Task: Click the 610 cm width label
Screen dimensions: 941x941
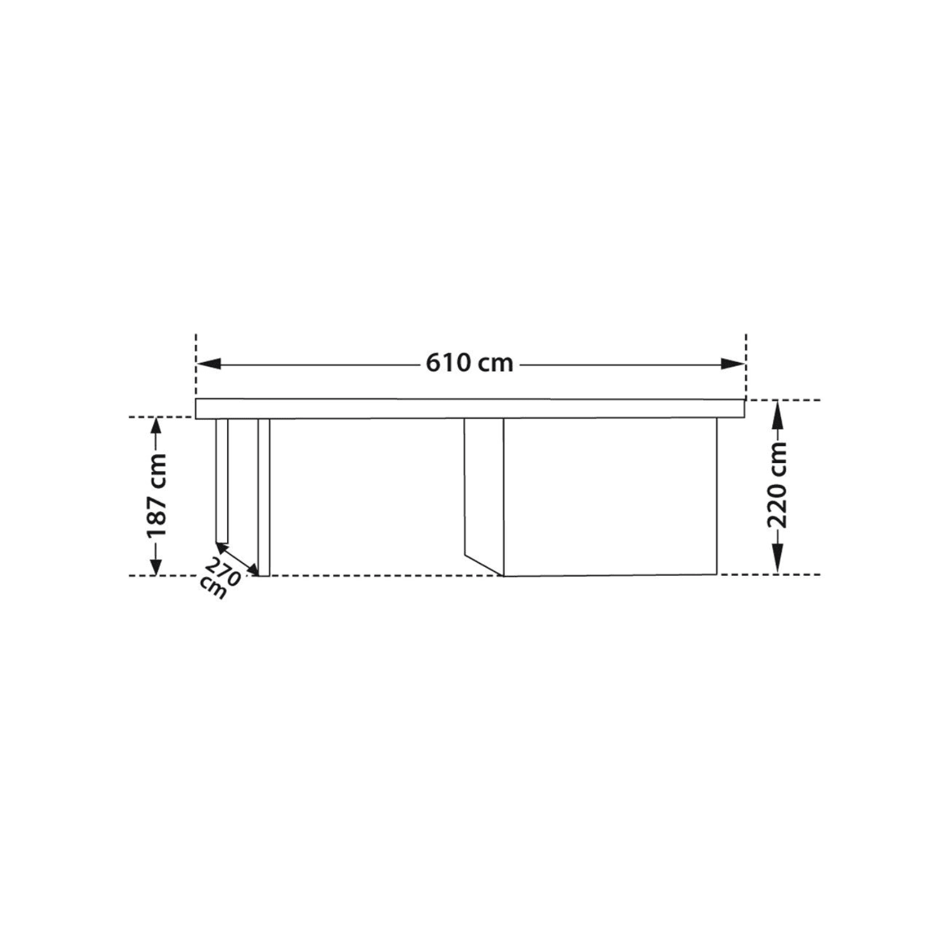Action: tap(469, 363)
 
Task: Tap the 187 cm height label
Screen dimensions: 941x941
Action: tap(156, 496)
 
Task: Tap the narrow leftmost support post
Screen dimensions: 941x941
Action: tap(221, 480)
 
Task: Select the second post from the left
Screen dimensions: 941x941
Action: tap(263, 496)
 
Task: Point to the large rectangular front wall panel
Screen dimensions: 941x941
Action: tap(610, 496)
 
